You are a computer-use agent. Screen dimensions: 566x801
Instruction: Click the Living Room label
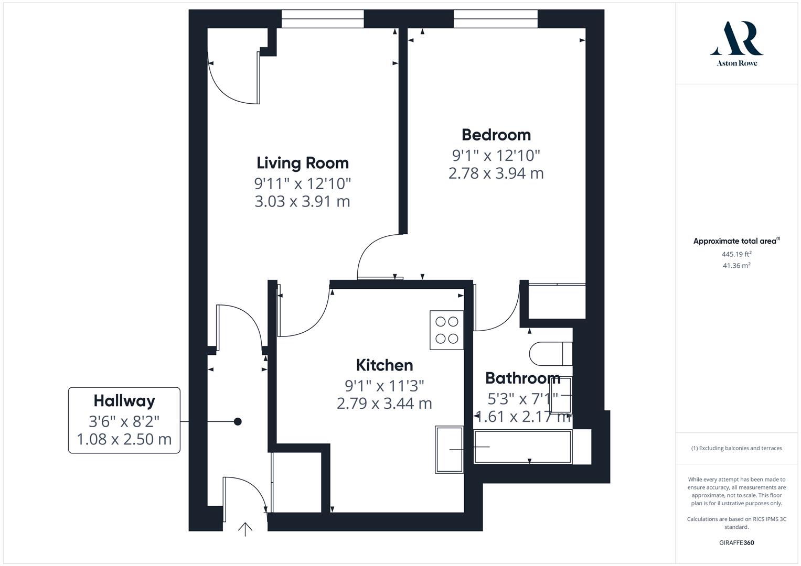303,163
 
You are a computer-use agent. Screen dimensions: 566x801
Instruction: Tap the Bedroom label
496,135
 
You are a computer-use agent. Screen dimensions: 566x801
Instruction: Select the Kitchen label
385,365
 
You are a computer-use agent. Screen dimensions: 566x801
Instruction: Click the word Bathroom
522,378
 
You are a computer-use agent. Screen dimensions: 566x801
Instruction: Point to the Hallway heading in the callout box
124,401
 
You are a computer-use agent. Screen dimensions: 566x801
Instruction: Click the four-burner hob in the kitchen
447,330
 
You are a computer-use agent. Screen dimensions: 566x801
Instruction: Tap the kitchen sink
449,449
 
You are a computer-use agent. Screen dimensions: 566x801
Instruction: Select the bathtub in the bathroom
523,447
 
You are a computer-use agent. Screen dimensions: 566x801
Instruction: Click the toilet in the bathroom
550,354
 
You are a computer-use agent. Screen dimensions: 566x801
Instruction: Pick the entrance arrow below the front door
245,529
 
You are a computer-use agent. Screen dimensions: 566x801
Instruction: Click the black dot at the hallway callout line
238,421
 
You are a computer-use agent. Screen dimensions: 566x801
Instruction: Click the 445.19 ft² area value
736,254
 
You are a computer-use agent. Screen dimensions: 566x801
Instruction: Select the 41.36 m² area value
736,266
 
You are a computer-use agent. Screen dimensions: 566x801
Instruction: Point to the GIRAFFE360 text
736,542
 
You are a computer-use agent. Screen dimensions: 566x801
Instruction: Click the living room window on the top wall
323,19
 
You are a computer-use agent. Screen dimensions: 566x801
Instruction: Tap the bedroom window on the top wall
496,19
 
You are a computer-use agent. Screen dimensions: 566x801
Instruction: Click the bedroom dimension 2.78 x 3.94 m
496,173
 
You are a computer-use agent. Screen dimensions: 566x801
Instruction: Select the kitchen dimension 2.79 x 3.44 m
385,404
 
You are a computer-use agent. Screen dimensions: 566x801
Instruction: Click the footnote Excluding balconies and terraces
736,448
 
